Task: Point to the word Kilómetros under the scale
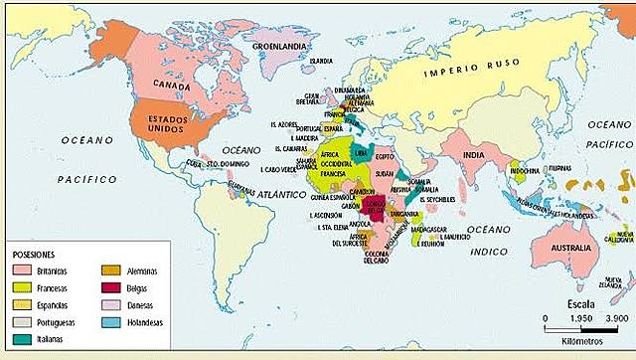point(585,342)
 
